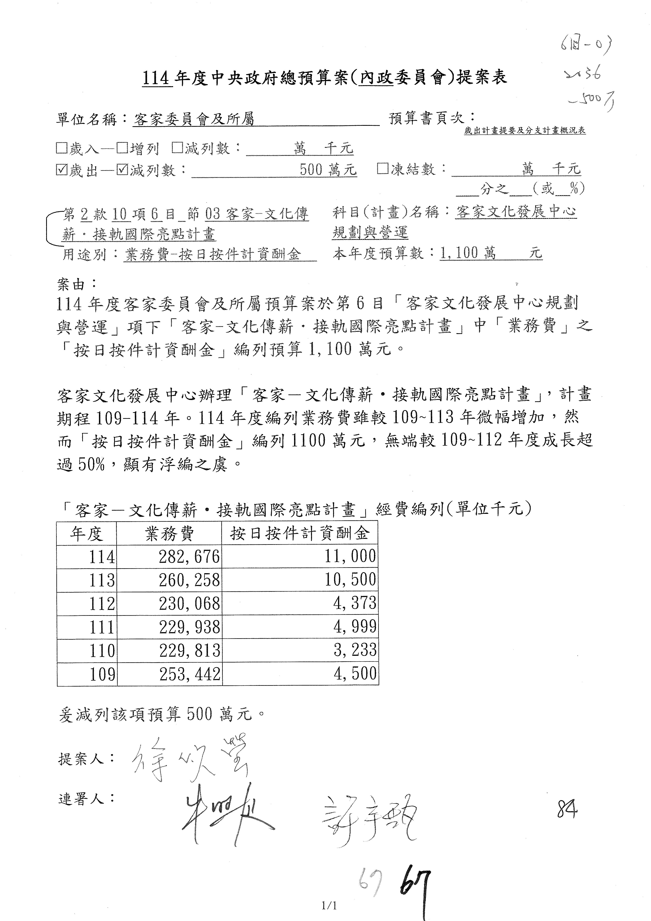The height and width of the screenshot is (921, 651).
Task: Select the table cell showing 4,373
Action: point(355,603)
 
